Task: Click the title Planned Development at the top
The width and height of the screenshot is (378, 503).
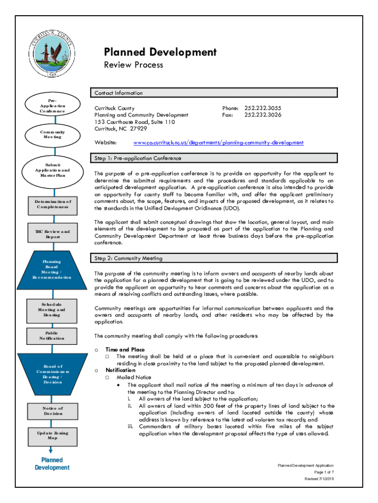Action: point(160,52)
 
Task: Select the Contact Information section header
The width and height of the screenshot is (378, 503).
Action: point(118,93)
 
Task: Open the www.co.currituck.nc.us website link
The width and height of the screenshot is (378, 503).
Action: point(218,143)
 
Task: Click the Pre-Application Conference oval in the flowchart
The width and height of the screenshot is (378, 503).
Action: point(52,106)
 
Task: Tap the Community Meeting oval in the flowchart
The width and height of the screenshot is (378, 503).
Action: point(52,134)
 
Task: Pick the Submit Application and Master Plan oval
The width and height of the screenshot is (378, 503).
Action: point(52,170)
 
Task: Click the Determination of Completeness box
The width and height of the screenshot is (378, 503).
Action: point(52,204)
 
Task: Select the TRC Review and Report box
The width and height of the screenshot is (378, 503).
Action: point(52,234)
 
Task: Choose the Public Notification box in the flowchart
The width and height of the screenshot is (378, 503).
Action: point(52,335)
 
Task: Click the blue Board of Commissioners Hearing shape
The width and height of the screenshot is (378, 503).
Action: point(52,374)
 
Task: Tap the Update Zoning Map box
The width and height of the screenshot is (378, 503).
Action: point(52,435)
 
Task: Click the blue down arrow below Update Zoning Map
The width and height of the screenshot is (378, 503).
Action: point(51,449)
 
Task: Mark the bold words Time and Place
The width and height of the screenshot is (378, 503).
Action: point(125,349)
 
